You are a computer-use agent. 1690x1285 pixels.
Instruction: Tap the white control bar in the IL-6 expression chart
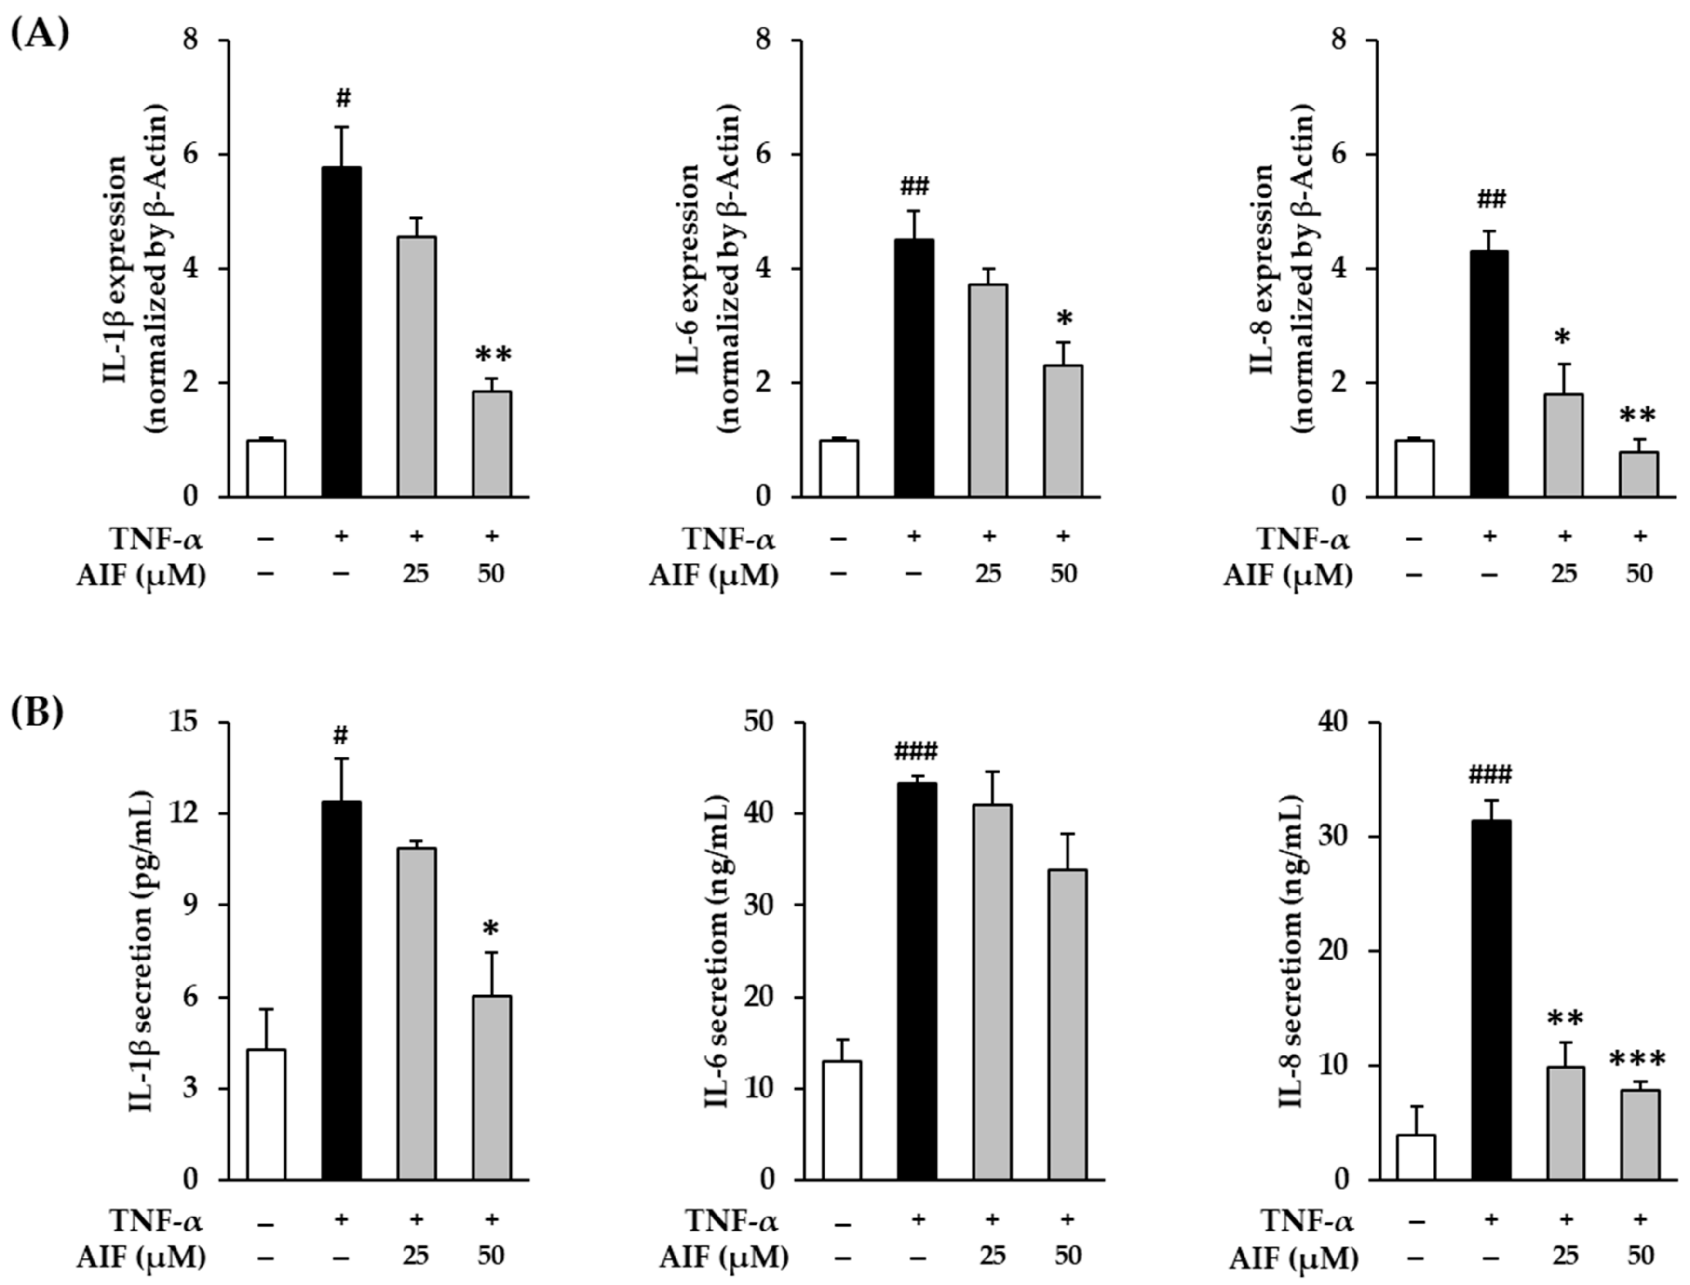[x=839, y=468]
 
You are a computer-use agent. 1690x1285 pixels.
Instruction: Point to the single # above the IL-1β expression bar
[x=343, y=99]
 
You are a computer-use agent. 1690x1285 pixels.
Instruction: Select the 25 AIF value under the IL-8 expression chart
[x=1564, y=574]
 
